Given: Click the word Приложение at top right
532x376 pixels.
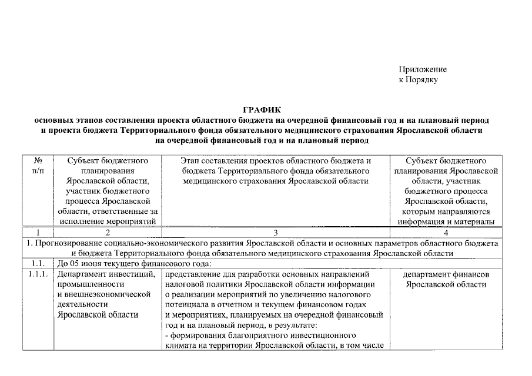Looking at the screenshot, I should [x=422, y=69].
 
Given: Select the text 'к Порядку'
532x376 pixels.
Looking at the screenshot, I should [x=418, y=79].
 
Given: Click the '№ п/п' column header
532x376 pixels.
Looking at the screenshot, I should [x=37, y=165].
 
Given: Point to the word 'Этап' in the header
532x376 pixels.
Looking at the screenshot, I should [x=192, y=160].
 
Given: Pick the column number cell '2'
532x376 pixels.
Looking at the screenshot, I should [x=107, y=232].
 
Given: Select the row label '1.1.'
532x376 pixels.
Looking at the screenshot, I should [x=37, y=264].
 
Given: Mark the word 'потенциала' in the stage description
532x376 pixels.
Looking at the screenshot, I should [x=186, y=304].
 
